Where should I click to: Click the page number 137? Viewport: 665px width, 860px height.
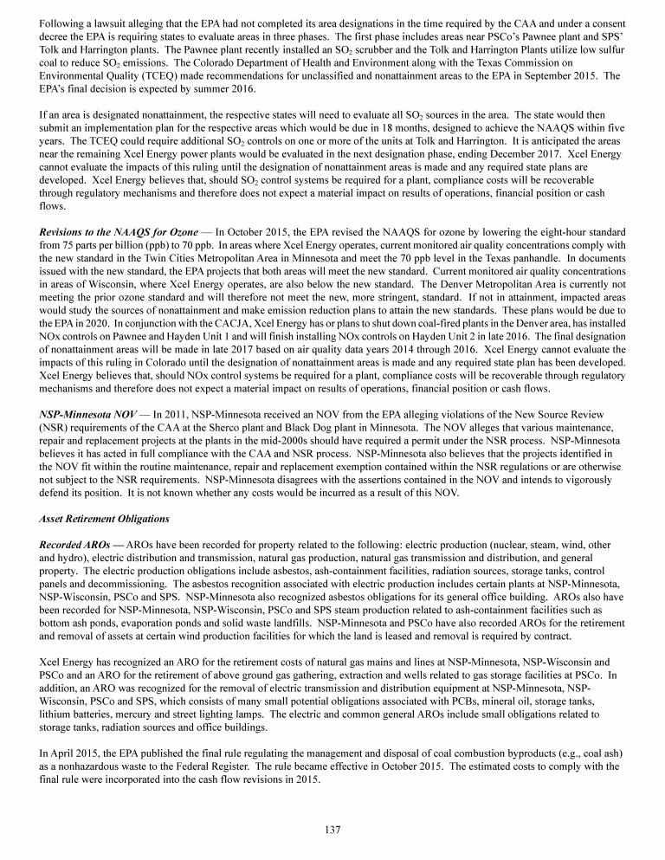(332, 829)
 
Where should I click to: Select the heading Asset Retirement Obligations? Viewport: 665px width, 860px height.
(94, 521)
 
